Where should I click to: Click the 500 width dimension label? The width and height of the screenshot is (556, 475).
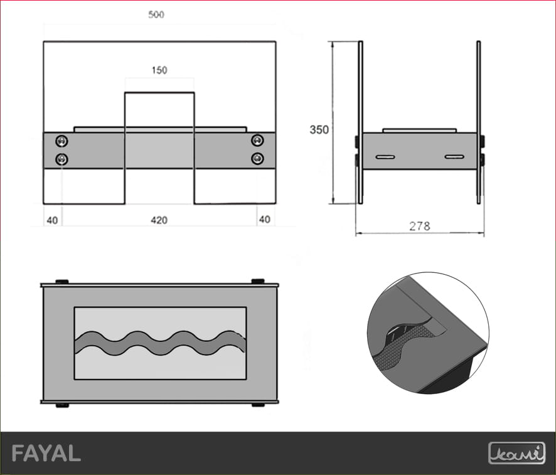[156, 14]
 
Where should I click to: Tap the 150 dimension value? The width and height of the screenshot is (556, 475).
[159, 70]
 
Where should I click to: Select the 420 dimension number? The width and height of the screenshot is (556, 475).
[159, 220]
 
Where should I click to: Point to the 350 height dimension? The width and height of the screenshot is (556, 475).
[319, 130]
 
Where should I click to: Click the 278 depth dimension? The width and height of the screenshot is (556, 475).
[419, 226]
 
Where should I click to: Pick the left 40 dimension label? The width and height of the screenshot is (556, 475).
[52, 220]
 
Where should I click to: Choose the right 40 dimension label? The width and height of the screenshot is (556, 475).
[265, 220]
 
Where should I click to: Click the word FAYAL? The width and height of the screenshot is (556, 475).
[46, 454]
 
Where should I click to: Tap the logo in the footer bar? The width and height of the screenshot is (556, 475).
[516, 453]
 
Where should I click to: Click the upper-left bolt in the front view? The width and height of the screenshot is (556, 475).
[61, 141]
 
